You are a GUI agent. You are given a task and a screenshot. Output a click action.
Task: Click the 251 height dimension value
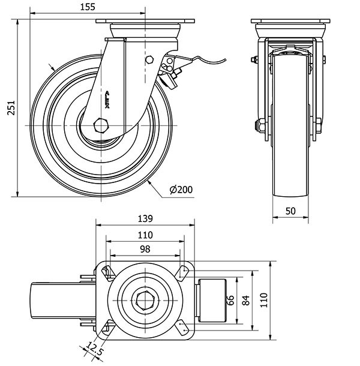click(x=9, y=107)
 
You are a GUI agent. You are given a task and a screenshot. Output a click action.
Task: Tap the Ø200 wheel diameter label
click(x=181, y=190)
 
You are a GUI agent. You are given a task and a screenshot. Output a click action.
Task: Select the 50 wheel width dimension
click(x=291, y=211)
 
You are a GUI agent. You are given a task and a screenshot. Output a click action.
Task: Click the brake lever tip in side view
click(x=224, y=59)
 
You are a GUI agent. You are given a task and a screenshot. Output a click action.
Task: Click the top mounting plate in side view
click(x=145, y=23)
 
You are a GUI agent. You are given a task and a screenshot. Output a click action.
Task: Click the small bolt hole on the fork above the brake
click(x=149, y=60)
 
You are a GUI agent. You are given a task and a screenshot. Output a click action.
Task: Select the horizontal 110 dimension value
click(x=145, y=234)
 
